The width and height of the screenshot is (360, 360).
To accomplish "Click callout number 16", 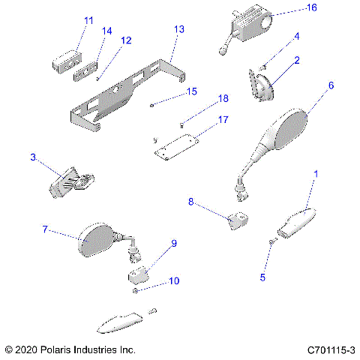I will click(x=290, y=7).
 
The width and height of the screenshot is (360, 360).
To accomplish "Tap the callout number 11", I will click(x=89, y=20).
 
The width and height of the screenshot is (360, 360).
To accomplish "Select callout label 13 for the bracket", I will click(x=178, y=29).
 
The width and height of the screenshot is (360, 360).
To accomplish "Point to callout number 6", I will click(x=331, y=85).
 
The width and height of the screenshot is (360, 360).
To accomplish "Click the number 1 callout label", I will click(x=316, y=173).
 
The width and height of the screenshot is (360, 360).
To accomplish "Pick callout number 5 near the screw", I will click(x=262, y=277).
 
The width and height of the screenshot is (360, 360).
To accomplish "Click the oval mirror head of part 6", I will click(x=287, y=129).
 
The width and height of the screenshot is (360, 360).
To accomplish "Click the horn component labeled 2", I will click(x=262, y=88).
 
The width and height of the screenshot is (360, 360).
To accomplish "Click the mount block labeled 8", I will click(x=238, y=222).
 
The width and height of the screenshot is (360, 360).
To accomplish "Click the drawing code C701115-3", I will click(x=331, y=350).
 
